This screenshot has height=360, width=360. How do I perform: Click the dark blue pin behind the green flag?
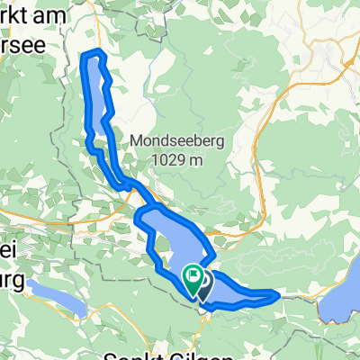(203, 288)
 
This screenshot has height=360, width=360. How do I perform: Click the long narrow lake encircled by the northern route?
(97, 99)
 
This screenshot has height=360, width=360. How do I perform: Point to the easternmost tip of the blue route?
(279, 294)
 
